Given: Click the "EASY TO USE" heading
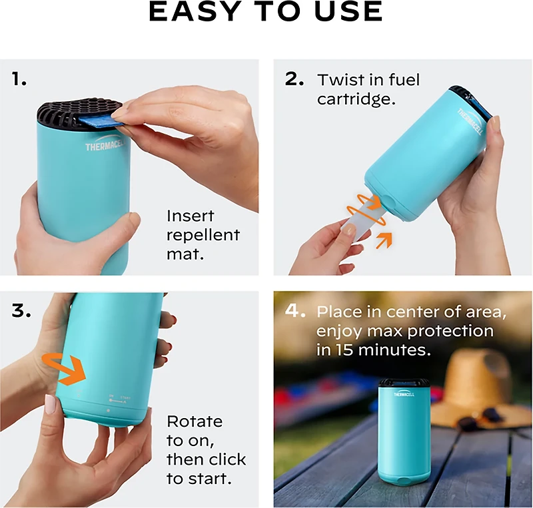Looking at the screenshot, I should coord(266,13).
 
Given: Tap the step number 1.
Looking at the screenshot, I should coord(19,79).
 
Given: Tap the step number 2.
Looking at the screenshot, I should coord(294,79).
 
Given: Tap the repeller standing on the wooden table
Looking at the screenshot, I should coord(404,430).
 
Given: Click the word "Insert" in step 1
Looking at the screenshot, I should coord(190,216).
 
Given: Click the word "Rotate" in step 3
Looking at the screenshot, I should coord(195,422).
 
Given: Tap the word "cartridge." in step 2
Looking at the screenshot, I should coord(352,99).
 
